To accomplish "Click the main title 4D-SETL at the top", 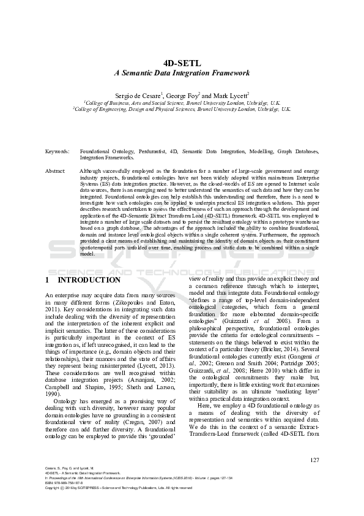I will click(x=182, y=63).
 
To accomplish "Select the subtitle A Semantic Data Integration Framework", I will click(x=182, y=73).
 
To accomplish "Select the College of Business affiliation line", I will click(x=182, y=103).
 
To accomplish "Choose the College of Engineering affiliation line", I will click(x=182, y=109).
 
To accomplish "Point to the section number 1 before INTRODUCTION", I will click(x=48, y=280).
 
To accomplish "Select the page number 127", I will click(x=314, y=460).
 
